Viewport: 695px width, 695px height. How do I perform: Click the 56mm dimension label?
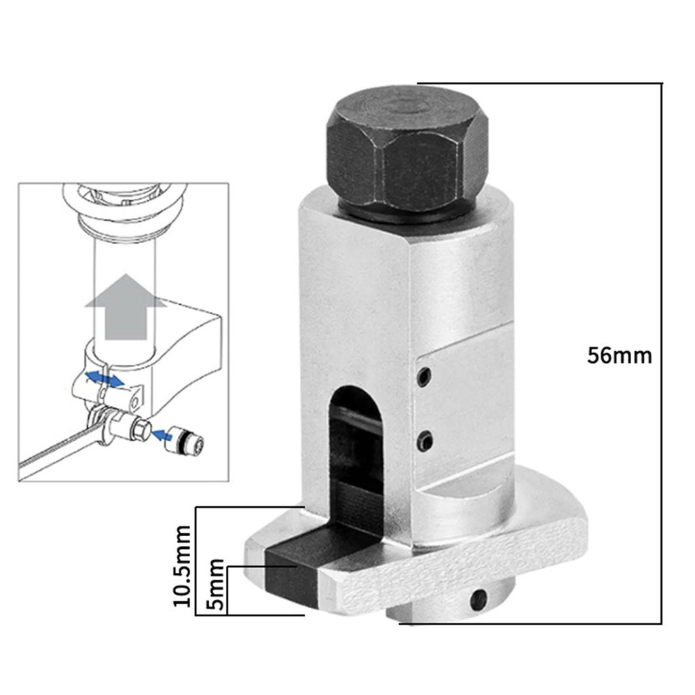[619, 356]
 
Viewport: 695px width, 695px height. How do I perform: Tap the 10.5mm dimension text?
[182, 566]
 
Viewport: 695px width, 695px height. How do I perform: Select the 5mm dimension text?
[216, 584]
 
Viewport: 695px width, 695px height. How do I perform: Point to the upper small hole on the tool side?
[425, 376]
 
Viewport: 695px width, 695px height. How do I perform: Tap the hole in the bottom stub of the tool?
[478, 600]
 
